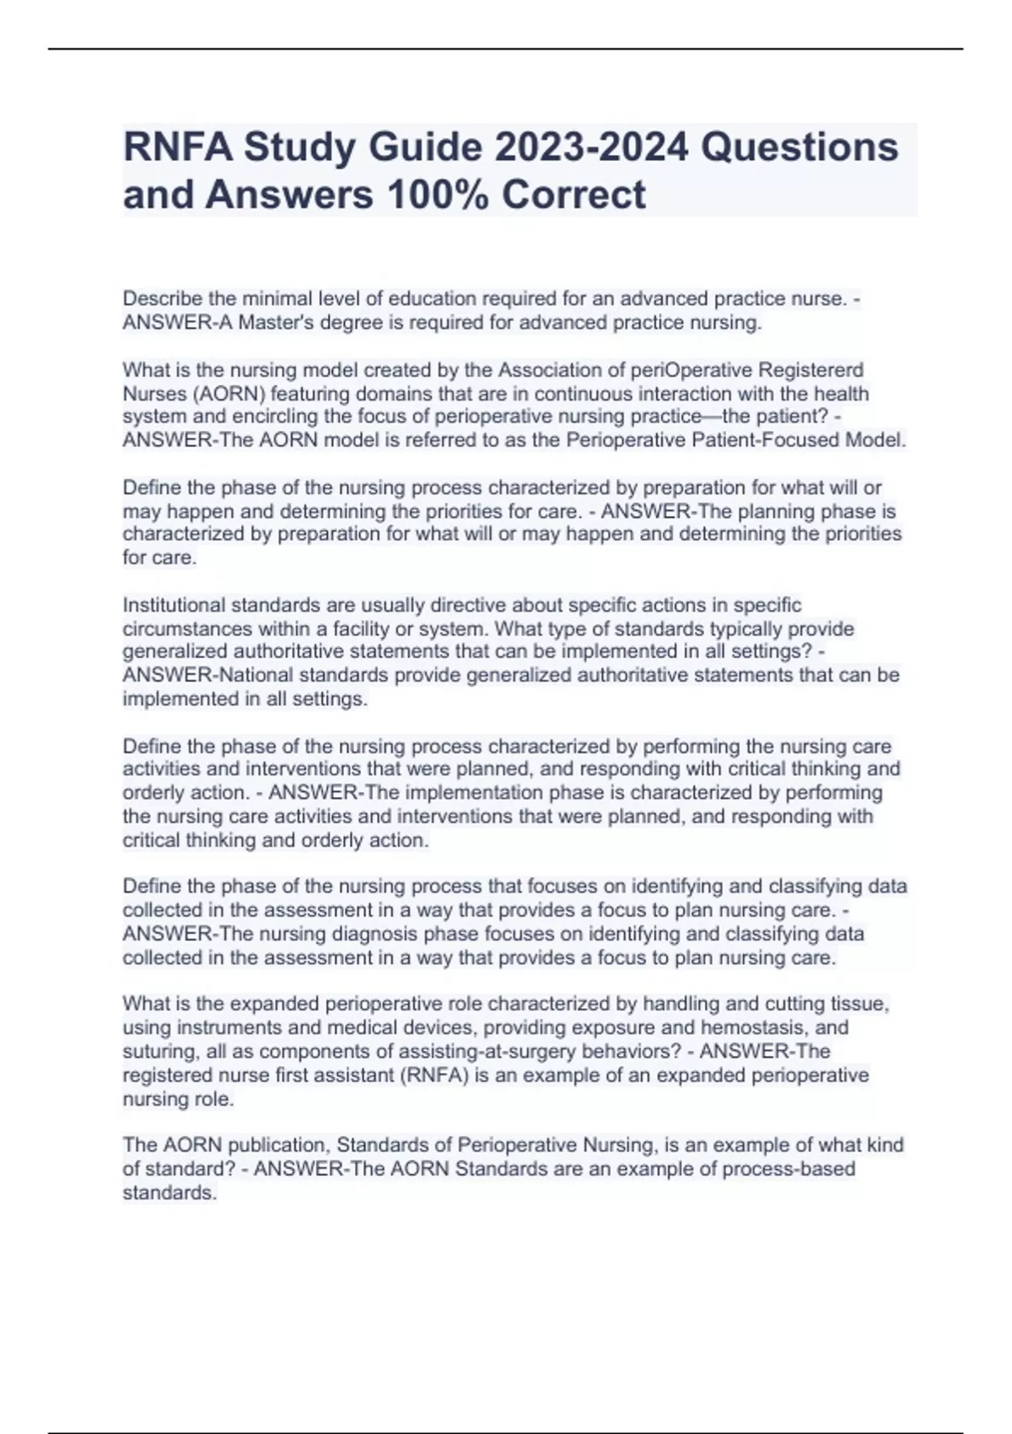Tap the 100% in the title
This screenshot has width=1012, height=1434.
click(438, 195)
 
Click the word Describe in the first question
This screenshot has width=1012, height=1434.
click(162, 299)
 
